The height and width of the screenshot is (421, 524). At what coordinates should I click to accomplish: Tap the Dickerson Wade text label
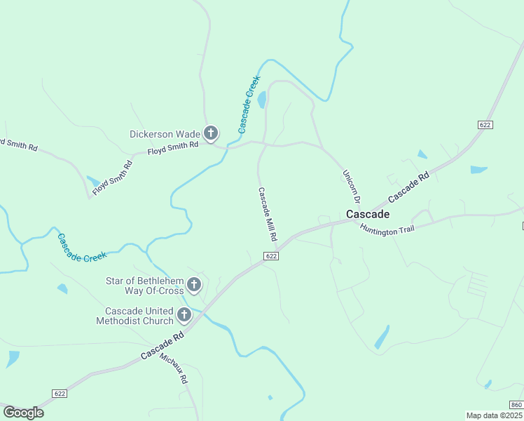[x=165, y=134]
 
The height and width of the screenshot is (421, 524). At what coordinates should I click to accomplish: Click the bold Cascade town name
[x=367, y=214]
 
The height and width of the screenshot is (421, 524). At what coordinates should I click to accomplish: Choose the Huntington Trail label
[x=387, y=229]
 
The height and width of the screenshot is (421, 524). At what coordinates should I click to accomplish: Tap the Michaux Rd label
[x=174, y=367]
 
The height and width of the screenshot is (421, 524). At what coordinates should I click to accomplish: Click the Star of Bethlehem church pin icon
[x=194, y=285]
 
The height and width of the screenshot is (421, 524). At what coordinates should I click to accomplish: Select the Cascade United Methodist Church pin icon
[x=184, y=315]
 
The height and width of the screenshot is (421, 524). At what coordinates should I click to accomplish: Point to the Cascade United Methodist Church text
[x=139, y=316]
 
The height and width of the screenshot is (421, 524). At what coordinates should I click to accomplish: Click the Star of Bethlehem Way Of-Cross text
[x=144, y=286]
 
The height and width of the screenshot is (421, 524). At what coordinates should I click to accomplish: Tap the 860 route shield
[x=516, y=405]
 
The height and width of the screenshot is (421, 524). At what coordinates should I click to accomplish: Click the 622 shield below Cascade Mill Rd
[x=272, y=256]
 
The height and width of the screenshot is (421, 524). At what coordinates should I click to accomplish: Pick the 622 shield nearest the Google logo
[x=60, y=394]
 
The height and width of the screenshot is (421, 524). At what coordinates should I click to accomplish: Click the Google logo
[x=23, y=413]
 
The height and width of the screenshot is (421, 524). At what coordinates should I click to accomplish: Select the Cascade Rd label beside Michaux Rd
[x=162, y=346]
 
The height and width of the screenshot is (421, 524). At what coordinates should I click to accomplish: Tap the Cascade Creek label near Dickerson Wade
[x=249, y=104]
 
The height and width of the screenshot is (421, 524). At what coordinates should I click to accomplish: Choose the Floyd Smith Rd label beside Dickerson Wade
[x=173, y=147]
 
